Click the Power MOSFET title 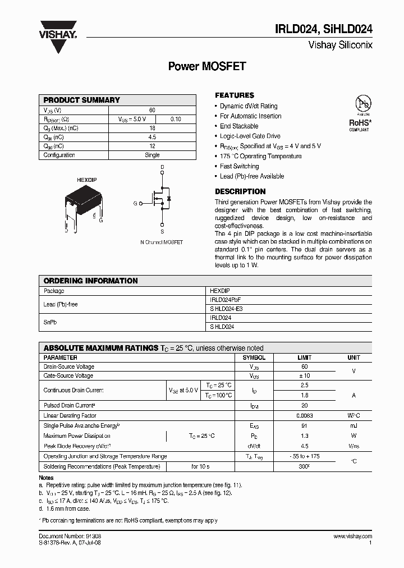207,66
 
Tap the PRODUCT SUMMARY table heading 82,100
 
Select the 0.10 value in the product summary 175,119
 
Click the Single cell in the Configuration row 152,155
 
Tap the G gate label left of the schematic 135,203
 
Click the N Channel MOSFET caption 162,242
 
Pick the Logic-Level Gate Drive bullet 250,136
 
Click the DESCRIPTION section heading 240,191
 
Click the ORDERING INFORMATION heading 91,281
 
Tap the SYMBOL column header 254,358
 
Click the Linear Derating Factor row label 70,416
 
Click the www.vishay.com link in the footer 352,537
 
